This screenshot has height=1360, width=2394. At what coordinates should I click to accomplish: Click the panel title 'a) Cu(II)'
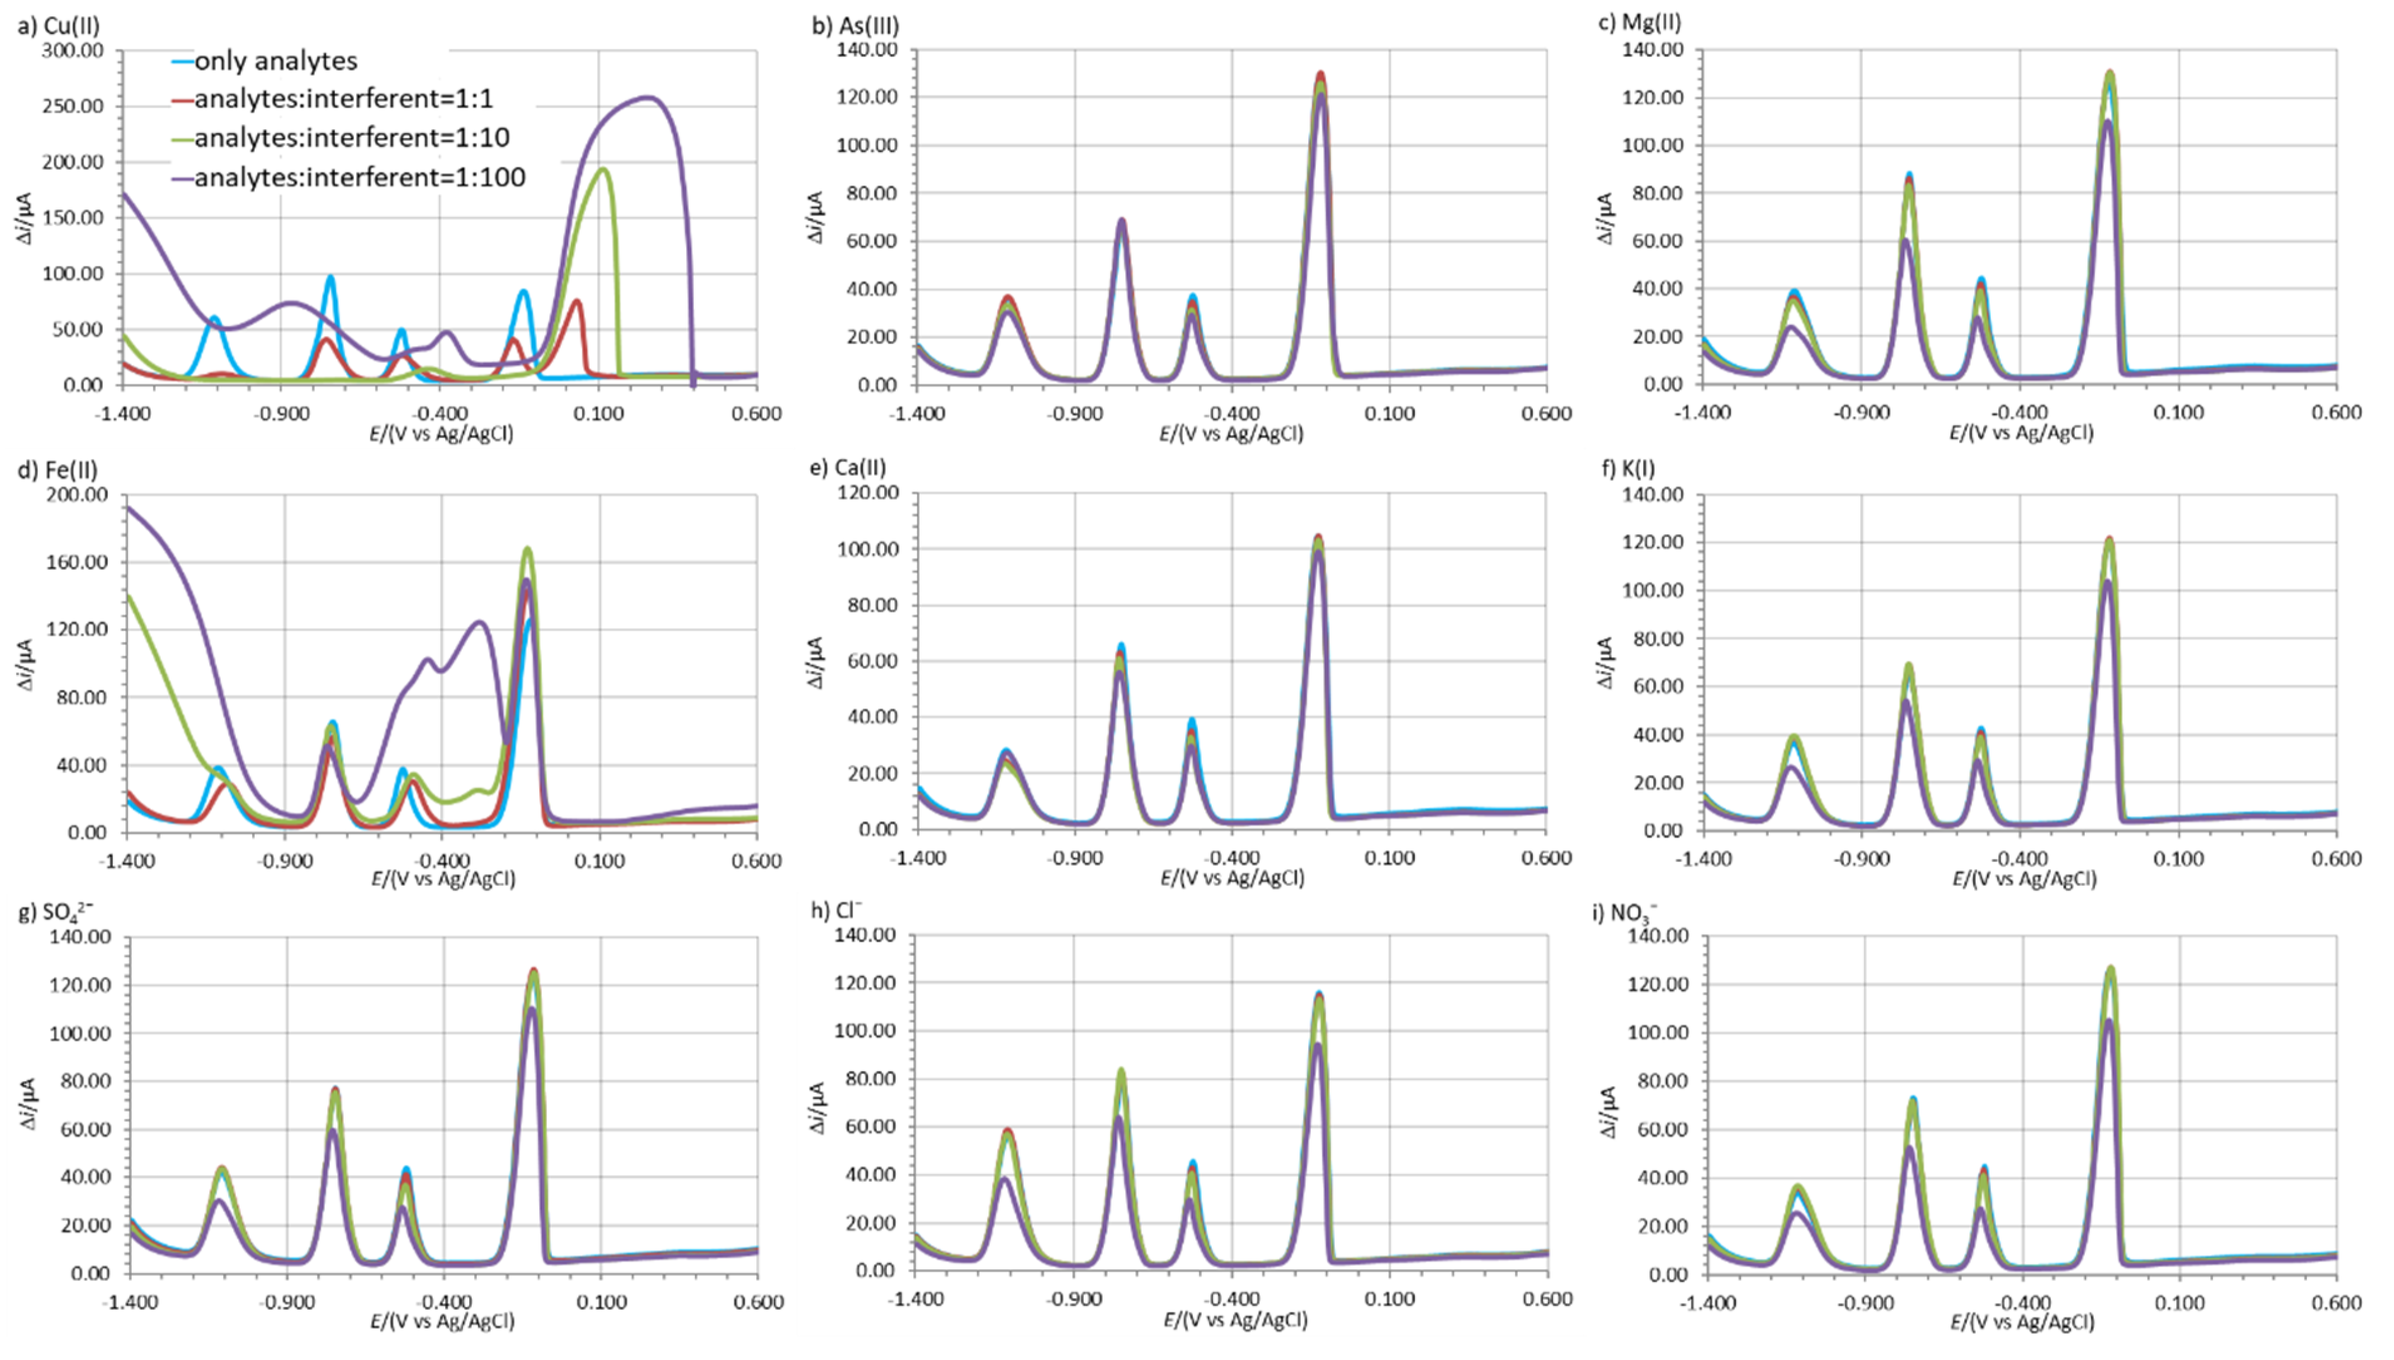[x=58, y=25]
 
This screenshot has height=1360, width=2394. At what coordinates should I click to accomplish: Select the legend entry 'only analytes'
[x=275, y=61]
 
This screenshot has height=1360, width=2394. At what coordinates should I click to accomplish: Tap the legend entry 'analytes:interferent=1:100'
[x=359, y=177]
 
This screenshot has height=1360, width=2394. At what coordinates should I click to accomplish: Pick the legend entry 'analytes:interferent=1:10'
[x=351, y=138]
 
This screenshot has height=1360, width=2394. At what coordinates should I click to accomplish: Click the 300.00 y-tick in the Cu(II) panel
[x=72, y=50]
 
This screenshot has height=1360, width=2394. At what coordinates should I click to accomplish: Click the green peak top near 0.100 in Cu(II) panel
[x=603, y=170]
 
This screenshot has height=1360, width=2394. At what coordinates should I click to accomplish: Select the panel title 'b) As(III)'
[x=855, y=25]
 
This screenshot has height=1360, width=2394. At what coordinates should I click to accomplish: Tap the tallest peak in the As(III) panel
[x=1320, y=75]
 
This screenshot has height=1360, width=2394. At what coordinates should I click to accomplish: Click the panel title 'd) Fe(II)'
[x=58, y=470]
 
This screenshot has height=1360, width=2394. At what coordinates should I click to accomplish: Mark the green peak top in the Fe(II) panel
[x=527, y=549]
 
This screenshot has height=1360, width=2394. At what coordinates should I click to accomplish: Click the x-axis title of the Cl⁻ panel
[x=1235, y=1320]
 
